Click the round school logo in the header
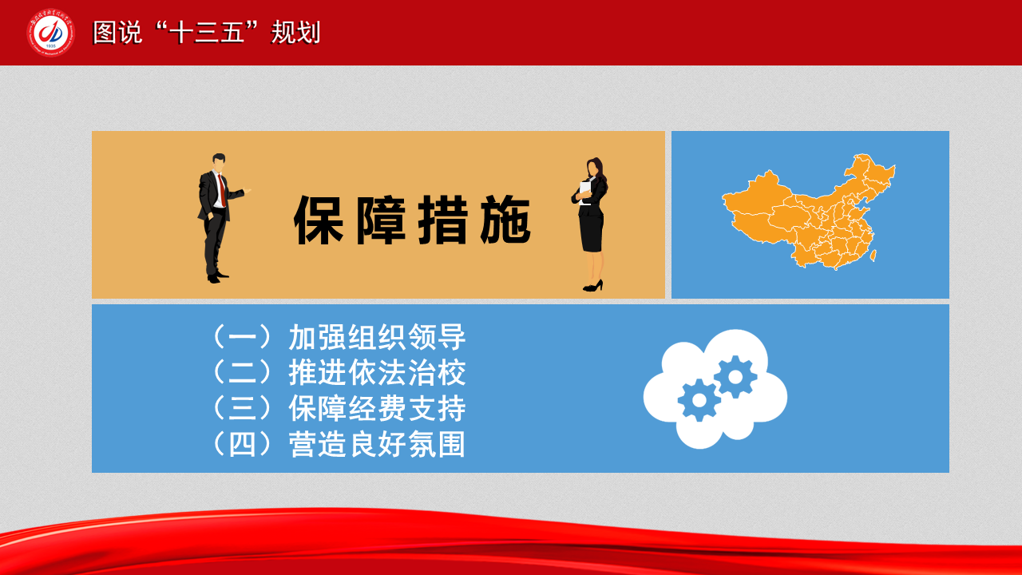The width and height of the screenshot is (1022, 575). pyautogui.click(x=50, y=33)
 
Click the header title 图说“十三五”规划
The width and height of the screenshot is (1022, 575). pyautogui.click(x=207, y=33)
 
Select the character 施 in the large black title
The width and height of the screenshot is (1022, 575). pyautogui.click(x=505, y=220)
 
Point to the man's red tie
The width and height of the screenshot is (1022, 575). pyautogui.click(x=222, y=190)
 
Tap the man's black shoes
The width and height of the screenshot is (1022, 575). pyautogui.click(x=218, y=276)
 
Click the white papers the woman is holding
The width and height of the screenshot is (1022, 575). pyautogui.click(x=585, y=192)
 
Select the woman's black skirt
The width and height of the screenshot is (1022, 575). pyautogui.click(x=592, y=232)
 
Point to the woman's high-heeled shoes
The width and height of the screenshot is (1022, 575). pyautogui.click(x=593, y=286)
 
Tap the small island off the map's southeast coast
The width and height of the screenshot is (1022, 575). pyautogui.click(x=873, y=256)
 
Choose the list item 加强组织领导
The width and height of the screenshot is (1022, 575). pyautogui.click(x=377, y=337)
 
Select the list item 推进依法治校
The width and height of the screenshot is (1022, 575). pyautogui.click(x=377, y=373)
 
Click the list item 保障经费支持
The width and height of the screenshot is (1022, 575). pyautogui.click(x=377, y=408)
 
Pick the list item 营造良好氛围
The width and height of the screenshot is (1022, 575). pyautogui.click(x=377, y=444)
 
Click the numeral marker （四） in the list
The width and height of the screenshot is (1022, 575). pyautogui.click(x=242, y=444)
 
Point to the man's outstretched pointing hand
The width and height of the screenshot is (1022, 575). pyautogui.click(x=247, y=191)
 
